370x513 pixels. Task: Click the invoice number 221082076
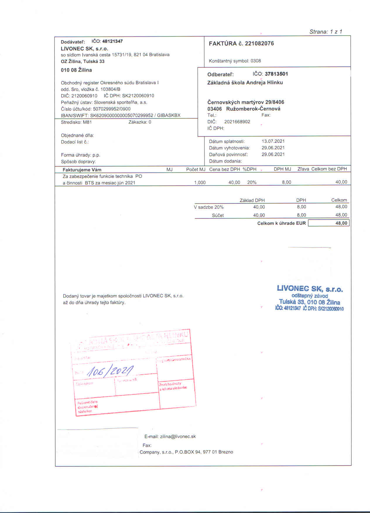[x=259, y=44]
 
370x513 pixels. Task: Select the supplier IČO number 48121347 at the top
[x=112, y=41]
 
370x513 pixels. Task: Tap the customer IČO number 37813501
[x=276, y=74]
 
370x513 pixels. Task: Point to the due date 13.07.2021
[x=273, y=141]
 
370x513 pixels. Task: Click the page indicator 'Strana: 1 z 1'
[x=326, y=32]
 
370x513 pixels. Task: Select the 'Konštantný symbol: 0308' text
[x=235, y=61]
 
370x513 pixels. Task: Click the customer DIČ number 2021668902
[x=237, y=122]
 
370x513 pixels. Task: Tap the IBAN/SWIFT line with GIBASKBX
[x=121, y=115]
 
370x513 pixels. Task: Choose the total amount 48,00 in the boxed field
[x=341, y=223]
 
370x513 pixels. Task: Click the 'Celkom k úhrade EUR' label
[x=281, y=223]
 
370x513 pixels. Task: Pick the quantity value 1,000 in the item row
[x=200, y=182]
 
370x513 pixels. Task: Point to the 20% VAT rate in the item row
[x=252, y=182]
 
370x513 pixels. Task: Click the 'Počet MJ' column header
[x=196, y=169]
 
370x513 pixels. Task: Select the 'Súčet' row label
[x=218, y=215]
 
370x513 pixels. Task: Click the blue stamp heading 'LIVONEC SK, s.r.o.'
[x=310, y=289]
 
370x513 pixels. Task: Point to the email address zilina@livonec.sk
[x=178, y=437]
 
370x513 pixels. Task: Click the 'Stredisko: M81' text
[x=76, y=122]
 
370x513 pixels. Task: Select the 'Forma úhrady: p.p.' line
[x=80, y=155]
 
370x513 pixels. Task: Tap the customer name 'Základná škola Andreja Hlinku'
[x=245, y=83]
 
